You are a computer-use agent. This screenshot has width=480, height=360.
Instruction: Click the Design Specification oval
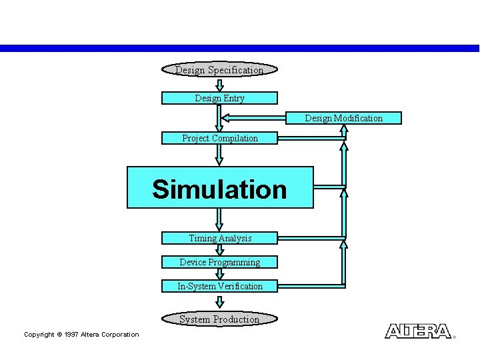coord(219,70)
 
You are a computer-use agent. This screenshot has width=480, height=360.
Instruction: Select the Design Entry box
coord(219,98)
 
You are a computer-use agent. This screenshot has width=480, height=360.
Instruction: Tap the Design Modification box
coord(344,118)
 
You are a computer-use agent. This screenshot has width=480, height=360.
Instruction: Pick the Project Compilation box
coord(219,138)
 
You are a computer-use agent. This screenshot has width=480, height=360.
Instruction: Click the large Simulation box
coord(219,188)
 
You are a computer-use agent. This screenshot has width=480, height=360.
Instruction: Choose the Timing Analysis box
coord(219,238)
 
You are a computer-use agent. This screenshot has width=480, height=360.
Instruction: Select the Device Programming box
coord(219,262)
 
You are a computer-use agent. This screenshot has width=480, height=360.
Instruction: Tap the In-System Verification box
coord(219,286)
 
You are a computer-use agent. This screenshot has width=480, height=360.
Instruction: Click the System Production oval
coord(219,319)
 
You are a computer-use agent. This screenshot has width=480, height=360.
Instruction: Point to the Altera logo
coord(418,331)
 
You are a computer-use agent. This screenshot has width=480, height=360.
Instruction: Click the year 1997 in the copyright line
coord(71,335)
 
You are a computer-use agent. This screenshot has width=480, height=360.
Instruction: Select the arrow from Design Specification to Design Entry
coord(219,85)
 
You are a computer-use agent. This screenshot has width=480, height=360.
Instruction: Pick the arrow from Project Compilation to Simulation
coord(219,155)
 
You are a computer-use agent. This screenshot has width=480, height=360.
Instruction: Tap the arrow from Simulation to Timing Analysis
coord(219,219)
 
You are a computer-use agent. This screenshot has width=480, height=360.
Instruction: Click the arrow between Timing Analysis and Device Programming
coord(219,250)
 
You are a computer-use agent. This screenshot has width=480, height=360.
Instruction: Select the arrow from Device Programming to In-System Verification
coord(219,274)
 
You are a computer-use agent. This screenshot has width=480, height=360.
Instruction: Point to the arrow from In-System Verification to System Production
coord(219,302)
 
